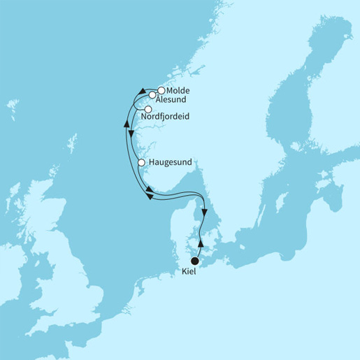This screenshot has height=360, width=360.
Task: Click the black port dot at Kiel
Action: pyautogui.click(x=195, y=262)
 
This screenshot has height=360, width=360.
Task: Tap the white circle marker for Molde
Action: pyautogui.click(x=161, y=90)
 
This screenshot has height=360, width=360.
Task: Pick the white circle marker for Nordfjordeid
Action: pyautogui.click(x=147, y=108)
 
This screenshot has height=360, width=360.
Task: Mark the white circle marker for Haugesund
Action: pyautogui.click(x=141, y=162)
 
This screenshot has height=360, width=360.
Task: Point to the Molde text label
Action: pyautogui.click(x=178, y=91)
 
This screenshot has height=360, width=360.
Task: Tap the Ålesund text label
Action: pyautogui.click(x=171, y=100)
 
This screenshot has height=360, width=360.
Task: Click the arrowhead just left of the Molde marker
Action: pyautogui.click(x=142, y=92)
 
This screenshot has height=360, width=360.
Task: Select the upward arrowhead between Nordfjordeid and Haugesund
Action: pyautogui.click(x=127, y=122)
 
